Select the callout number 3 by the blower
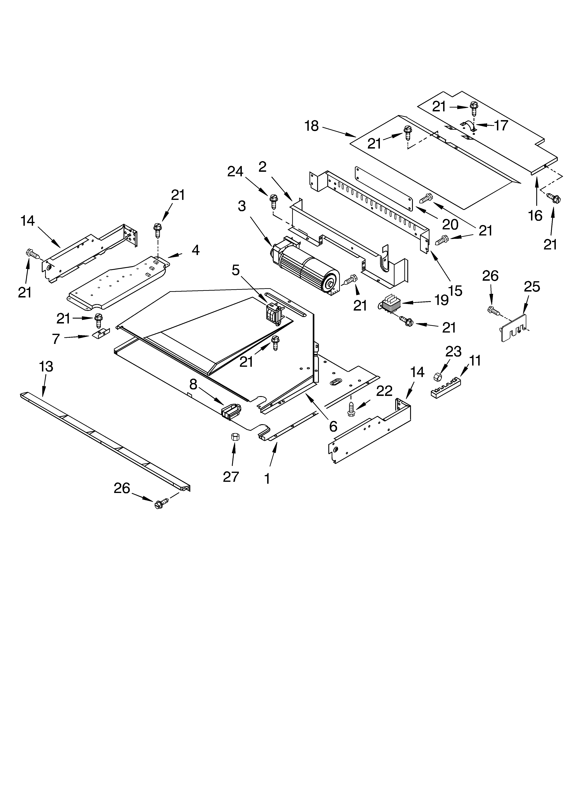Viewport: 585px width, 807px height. click(242, 206)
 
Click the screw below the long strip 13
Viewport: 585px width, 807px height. click(160, 504)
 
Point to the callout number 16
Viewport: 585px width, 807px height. click(535, 215)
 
